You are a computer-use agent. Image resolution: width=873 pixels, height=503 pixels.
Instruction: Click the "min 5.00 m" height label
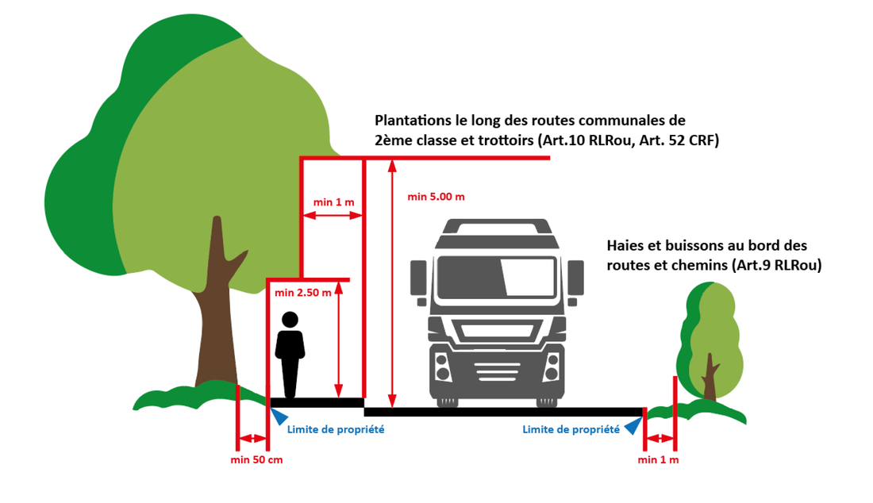coord(436,196)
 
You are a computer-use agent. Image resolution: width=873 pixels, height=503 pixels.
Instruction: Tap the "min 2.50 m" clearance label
coord(302,293)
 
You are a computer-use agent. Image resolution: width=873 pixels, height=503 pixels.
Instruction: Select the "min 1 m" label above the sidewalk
coord(333,202)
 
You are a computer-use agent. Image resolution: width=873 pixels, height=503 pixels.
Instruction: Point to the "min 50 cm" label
coord(256,459)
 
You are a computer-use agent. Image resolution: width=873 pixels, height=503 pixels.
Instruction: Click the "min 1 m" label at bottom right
coord(659,459)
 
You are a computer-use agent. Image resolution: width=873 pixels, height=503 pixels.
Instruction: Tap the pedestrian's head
coord(290,320)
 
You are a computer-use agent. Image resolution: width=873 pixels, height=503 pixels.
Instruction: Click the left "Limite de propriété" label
coord(336,429)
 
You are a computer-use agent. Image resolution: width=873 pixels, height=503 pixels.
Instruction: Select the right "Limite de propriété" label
coord(571,429)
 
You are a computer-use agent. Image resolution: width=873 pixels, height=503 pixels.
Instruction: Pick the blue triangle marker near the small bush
coord(633,425)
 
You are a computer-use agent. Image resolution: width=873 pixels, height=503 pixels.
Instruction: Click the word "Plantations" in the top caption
coord(410,121)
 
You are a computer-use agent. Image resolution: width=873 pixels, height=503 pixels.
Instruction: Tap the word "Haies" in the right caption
coord(625,246)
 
